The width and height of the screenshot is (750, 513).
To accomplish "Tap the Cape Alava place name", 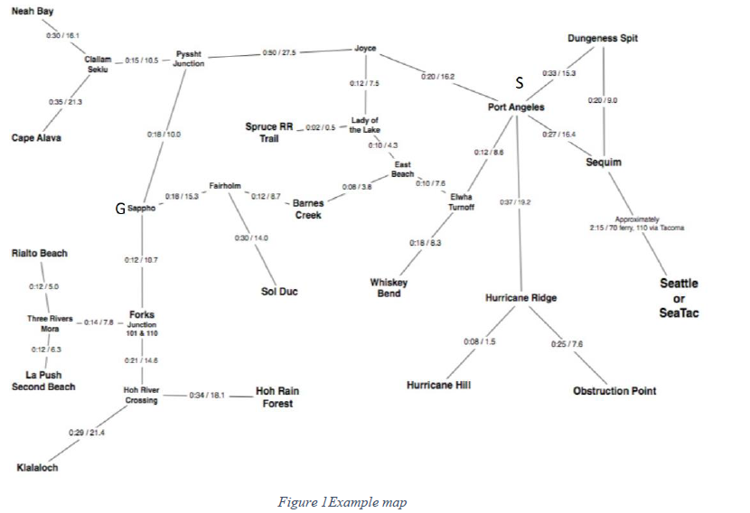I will click(36, 138).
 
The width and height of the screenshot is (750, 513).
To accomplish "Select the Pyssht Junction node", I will click(189, 59).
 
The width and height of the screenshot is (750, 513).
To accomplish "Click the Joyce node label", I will click(365, 48).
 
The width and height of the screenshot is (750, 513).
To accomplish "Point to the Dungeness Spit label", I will click(603, 39).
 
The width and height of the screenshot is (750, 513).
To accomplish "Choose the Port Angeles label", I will click(517, 107).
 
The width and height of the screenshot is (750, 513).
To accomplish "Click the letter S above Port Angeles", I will click(520, 83).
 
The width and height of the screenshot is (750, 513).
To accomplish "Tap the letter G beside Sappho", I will click(119, 209).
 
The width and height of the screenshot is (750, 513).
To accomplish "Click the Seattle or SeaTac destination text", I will click(679, 298).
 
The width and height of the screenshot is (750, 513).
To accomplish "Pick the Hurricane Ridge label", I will click(520, 298).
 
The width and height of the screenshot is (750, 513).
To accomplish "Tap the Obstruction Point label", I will click(614, 391).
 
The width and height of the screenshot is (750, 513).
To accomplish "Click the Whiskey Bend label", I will click(389, 288).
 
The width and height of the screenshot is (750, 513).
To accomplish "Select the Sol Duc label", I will click(279, 292).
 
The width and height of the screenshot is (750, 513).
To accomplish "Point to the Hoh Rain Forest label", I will click(277, 397).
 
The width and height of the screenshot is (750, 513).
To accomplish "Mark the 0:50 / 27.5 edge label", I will click(279, 53).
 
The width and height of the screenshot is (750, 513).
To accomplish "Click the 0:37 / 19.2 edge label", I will click(514, 202).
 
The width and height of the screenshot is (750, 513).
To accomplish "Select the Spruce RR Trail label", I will click(268, 133).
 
